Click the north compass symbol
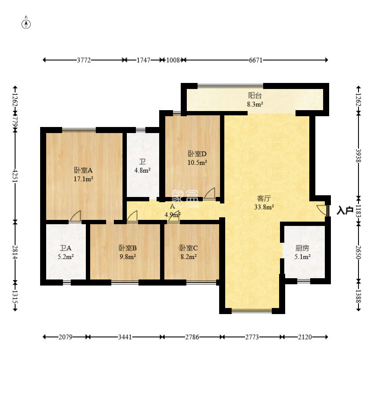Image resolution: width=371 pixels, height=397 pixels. pyautogui.click(x=26, y=24)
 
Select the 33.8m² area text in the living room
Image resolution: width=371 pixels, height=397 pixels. pyautogui.click(x=264, y=206)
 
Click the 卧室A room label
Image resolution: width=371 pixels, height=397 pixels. pyautogui.click(x=84, y=170)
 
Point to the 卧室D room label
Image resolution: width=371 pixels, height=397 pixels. pyautogui.click(x=197, y=153)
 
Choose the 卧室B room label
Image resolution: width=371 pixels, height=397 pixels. pyautogui.click(x=127, y=248)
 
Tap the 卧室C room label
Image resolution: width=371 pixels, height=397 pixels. pyautogui.click(x=189, y=248)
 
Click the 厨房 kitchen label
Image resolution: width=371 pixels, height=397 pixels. pyautogui.click(x=302, y=248)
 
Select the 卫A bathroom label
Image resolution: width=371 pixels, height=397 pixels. pyautogui.click(x=66, y=248)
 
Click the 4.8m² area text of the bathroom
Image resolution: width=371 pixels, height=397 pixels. pyautogui.click(x=142, y=170)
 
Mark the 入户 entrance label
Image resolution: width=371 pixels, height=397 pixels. pyautogui.click(x=345, y=211)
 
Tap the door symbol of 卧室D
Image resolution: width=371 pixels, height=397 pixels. pyautogui.click(x=210, y=194)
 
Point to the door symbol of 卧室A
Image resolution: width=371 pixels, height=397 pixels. pyautogui.click(x=75, y=216)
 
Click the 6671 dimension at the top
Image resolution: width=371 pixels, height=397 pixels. pyautogui.click(x=255, y=60)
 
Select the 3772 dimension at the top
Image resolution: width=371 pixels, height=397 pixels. pyautogui.click(x=84, y=60)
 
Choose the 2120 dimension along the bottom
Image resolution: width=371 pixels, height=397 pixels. pyautogui.click(x=305, y=337)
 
